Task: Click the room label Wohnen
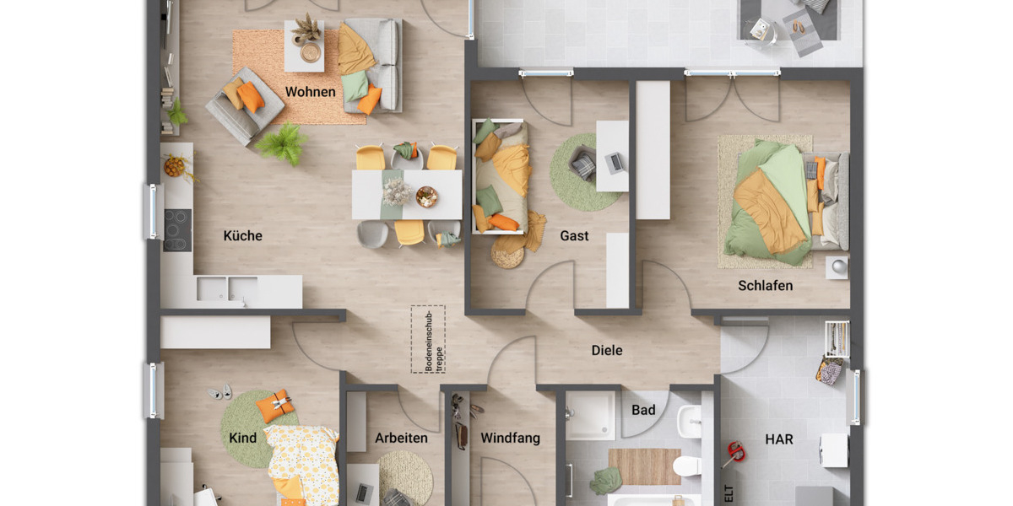[x=310, y=91]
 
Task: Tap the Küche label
[x=242, y=235]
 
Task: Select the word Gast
[x=574, y=235]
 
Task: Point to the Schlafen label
[x=765, y=285]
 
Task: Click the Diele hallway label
[x=606, y=350]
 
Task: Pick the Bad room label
[x=643, y=410]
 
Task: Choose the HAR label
[x=778, y=439]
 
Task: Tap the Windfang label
[x=510, y=438]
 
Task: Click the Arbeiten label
[x=401, y=438]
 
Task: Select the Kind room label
[x=242, y=438]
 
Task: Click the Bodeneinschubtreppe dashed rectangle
[x=427, y=338]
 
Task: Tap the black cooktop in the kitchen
[x=177, y=229]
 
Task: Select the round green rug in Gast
[x=582, y=173]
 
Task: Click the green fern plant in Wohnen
[x=280, y=143]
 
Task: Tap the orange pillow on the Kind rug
[x=275, y=407]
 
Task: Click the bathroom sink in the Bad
[x=689, y=419]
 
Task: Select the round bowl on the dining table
[x=427, y=196]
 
